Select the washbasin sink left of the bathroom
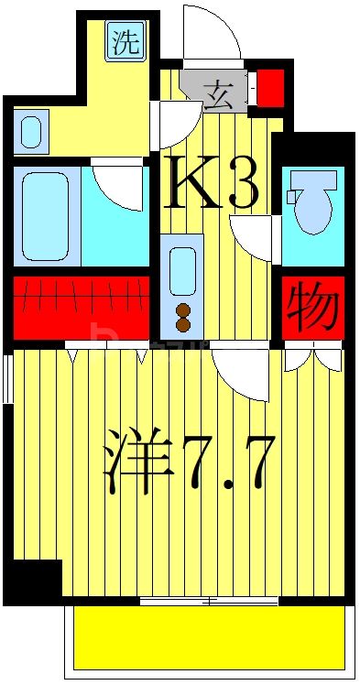(30, 131)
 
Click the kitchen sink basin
(183, 270)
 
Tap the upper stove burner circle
(183, 309)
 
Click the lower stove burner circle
(183, 323)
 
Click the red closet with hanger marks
(81, 308)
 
